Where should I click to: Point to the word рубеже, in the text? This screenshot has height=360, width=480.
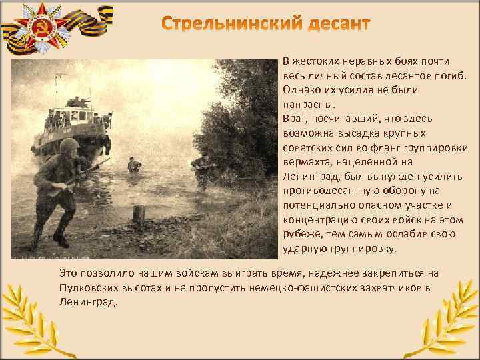[301, 234]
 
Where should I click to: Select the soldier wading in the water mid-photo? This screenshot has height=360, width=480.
[134, 165]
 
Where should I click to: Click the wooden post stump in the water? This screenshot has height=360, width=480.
[138, 214]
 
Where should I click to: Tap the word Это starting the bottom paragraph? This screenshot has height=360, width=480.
[69, 273]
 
